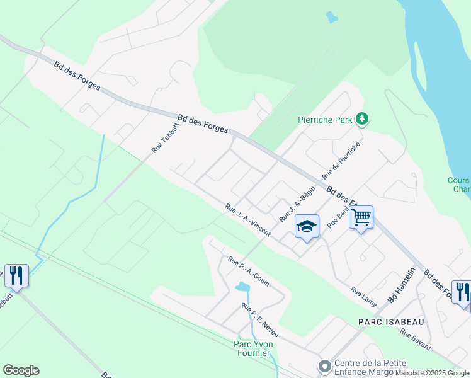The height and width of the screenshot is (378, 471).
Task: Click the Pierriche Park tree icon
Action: click(362, 118)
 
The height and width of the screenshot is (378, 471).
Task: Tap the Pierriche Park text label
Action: click(326, 119)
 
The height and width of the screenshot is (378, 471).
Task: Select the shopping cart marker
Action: click(361, 217)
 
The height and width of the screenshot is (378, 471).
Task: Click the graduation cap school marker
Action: click(307, 227)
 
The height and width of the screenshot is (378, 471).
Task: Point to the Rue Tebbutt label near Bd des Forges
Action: click(162, 137)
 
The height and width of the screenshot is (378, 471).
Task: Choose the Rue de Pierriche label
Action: click(341, 159)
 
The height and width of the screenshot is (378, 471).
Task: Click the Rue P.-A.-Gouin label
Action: click(249, 271)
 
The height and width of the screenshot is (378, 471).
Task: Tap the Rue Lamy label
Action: click(364, 297)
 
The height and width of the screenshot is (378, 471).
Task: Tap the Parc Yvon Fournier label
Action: click(253, 348)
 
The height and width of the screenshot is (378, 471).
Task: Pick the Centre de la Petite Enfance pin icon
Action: click(325, 366)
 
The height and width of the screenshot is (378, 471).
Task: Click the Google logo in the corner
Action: click(21, 370)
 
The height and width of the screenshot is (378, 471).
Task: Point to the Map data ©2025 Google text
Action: click(433, 373)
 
